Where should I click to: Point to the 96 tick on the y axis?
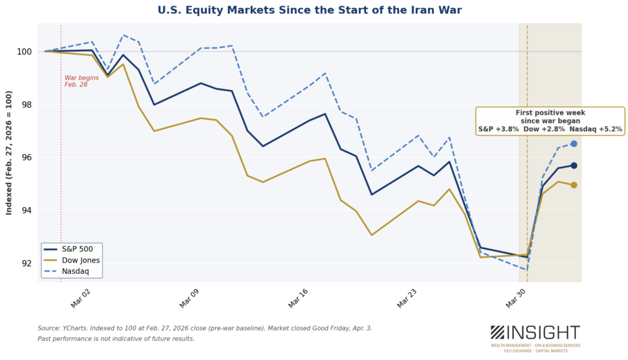[x=27, y=158]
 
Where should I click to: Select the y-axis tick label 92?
[x=27, y=264]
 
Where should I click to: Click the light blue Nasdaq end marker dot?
[x=574, y=144]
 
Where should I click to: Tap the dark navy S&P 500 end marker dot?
[x=574, y=166]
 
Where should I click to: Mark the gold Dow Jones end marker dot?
[x=574, y=185]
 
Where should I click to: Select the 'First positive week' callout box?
[x=550, y=121]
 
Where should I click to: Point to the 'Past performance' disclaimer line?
[x=116, y=339]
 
